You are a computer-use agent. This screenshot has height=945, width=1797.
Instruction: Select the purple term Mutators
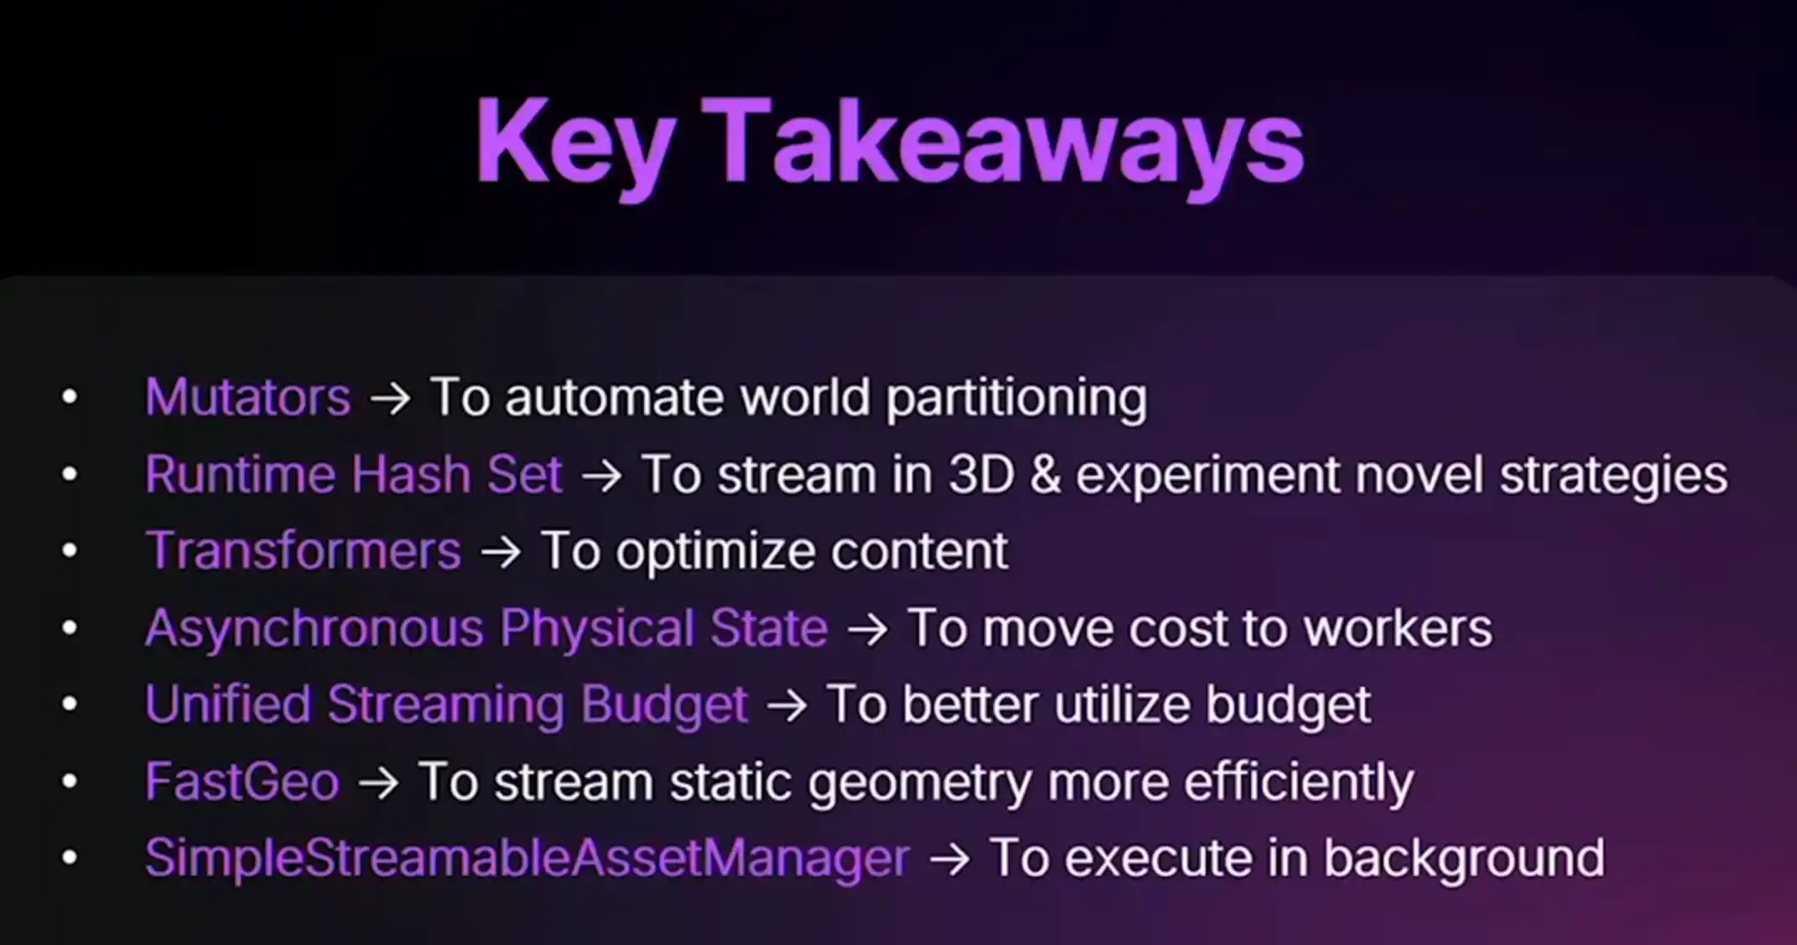pos(248,397)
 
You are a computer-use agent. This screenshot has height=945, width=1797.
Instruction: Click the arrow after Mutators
pos(391,398)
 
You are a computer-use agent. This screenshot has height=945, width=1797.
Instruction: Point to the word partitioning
pos(1016,398)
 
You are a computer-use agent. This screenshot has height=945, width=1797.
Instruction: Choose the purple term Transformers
pos(304,551)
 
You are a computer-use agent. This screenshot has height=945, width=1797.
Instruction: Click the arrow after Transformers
pos(501,553)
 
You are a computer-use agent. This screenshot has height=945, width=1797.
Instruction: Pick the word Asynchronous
pos(314,629)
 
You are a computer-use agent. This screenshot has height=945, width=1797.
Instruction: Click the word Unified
pos(228,704)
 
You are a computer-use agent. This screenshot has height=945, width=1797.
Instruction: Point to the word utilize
pos(1122,704)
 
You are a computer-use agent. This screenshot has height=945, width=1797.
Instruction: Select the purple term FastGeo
pos(242,781)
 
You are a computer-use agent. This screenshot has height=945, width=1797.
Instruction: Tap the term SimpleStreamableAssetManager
pos(527,859)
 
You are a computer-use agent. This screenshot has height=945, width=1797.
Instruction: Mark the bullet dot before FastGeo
pos(70,781)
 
